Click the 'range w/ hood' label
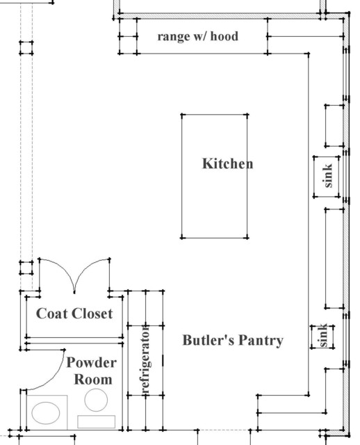[197, 35]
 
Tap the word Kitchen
[227, 164]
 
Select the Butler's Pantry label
[233, 340]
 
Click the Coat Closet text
[74, 314]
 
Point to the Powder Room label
[92, 371]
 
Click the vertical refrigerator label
[146, 362]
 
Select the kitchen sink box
[328, 175]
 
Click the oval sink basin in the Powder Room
[47, 412]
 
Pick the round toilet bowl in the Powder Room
[95, 400]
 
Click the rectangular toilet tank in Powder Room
[96, 421]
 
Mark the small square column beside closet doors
[26, 268]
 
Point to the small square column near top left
[26, 49]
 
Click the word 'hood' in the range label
[224, 35]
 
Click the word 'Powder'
[92, 363]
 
